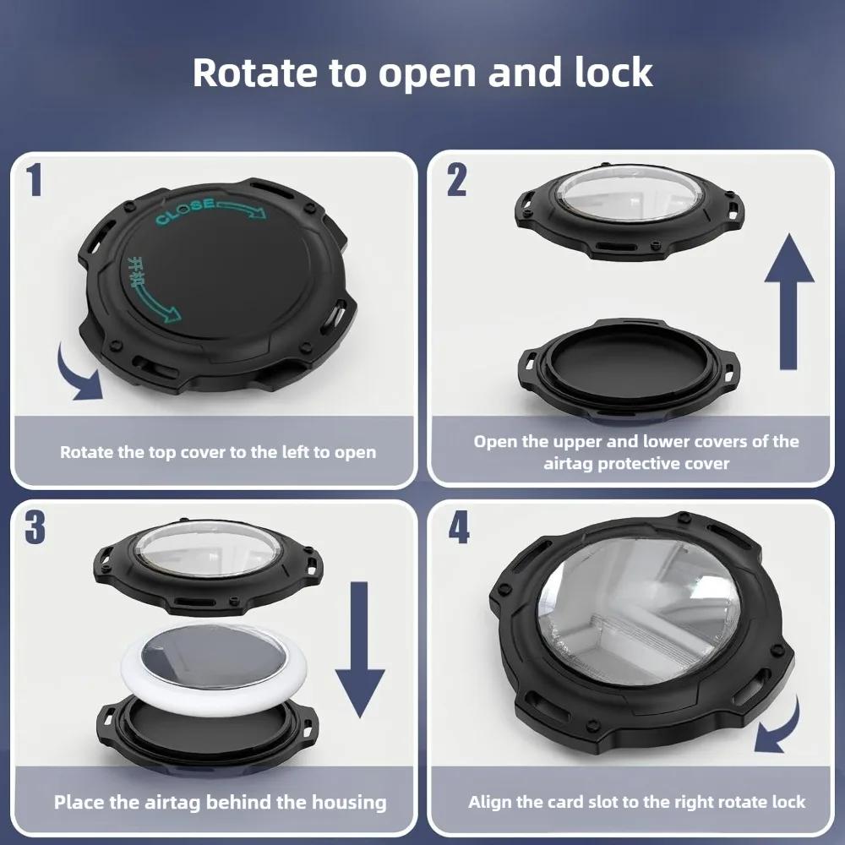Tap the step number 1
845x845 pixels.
pos(34,180)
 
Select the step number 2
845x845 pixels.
pos(456,180)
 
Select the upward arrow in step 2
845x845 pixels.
pos(788,301)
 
